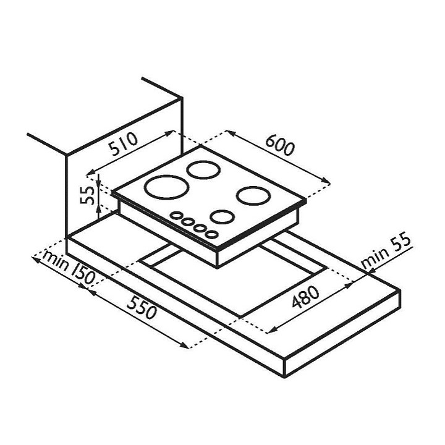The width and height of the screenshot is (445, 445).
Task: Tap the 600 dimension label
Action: tap(281, 145)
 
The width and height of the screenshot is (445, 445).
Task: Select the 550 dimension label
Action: tap(142, 308)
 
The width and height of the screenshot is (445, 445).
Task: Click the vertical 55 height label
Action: tap(87, 195)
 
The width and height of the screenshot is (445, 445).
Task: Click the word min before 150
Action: tap(56, 260)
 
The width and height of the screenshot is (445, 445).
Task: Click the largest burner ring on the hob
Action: tap(167, 187)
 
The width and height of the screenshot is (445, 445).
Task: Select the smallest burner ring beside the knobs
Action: tap(222, 217)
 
